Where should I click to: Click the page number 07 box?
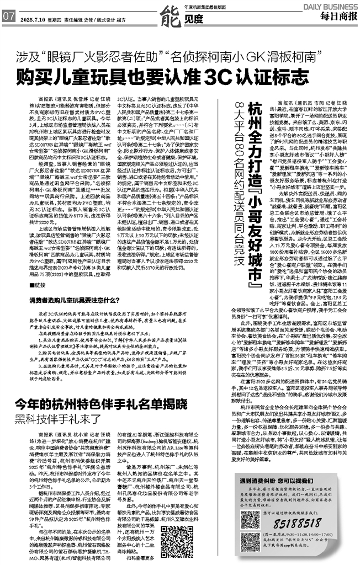[x=8, y=17]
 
